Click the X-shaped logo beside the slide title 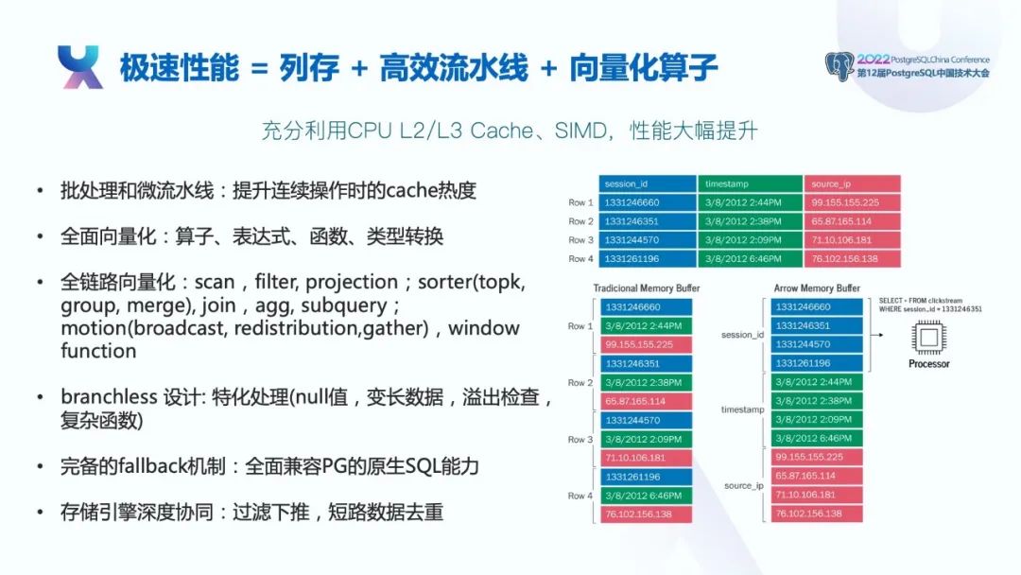[x=80, y=66]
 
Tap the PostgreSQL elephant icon [x=839, y=66]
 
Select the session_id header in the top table [x=648, y=183]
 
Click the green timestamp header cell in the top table [x=750, y=183]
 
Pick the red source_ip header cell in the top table [x=853, y=183]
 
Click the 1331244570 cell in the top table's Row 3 [x=648, y=239]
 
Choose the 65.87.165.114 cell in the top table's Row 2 [x=853, y=220]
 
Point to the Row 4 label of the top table [x=580, y=258]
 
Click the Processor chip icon [x=928, y=338]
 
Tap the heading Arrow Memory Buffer [x=817, y=287]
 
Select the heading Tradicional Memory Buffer [x=646, y=287]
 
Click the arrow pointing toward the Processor [x=877, y=335]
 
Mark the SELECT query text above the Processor [x=930, y=305]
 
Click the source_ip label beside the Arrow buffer [x=744, y=486]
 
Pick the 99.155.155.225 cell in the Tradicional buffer [x=646, y=344]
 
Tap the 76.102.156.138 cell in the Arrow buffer [x=817, y=514]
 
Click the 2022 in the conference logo [x=873, y=60]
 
